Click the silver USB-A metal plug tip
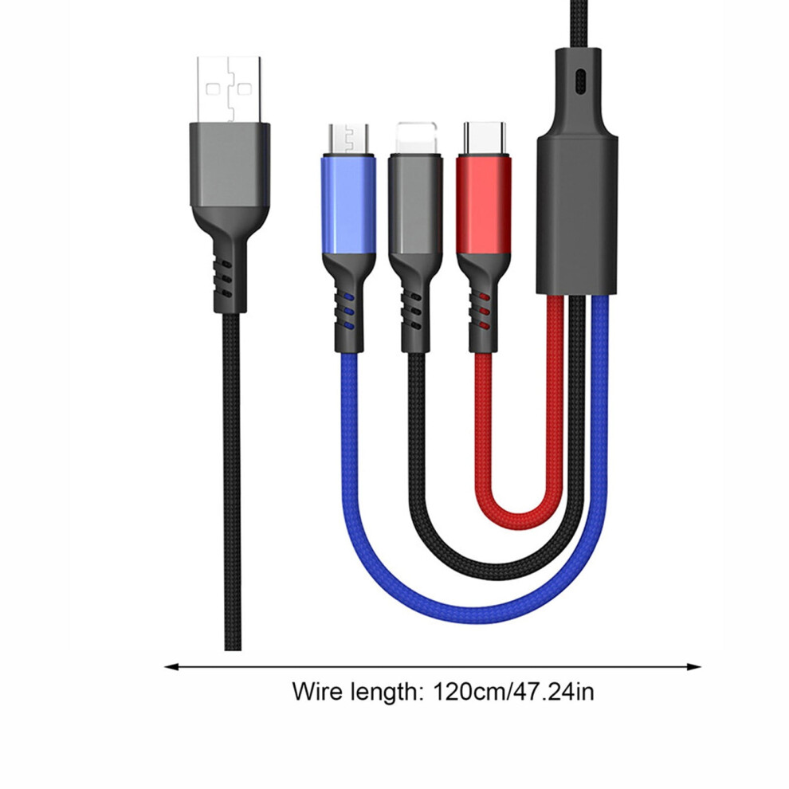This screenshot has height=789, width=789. pos(230,89)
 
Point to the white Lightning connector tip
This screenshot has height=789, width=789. pos(416,139)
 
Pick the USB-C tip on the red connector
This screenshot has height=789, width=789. pos(484,139)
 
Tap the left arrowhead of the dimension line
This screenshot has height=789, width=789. pos(172,667)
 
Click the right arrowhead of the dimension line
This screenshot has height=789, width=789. pos(694,667)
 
